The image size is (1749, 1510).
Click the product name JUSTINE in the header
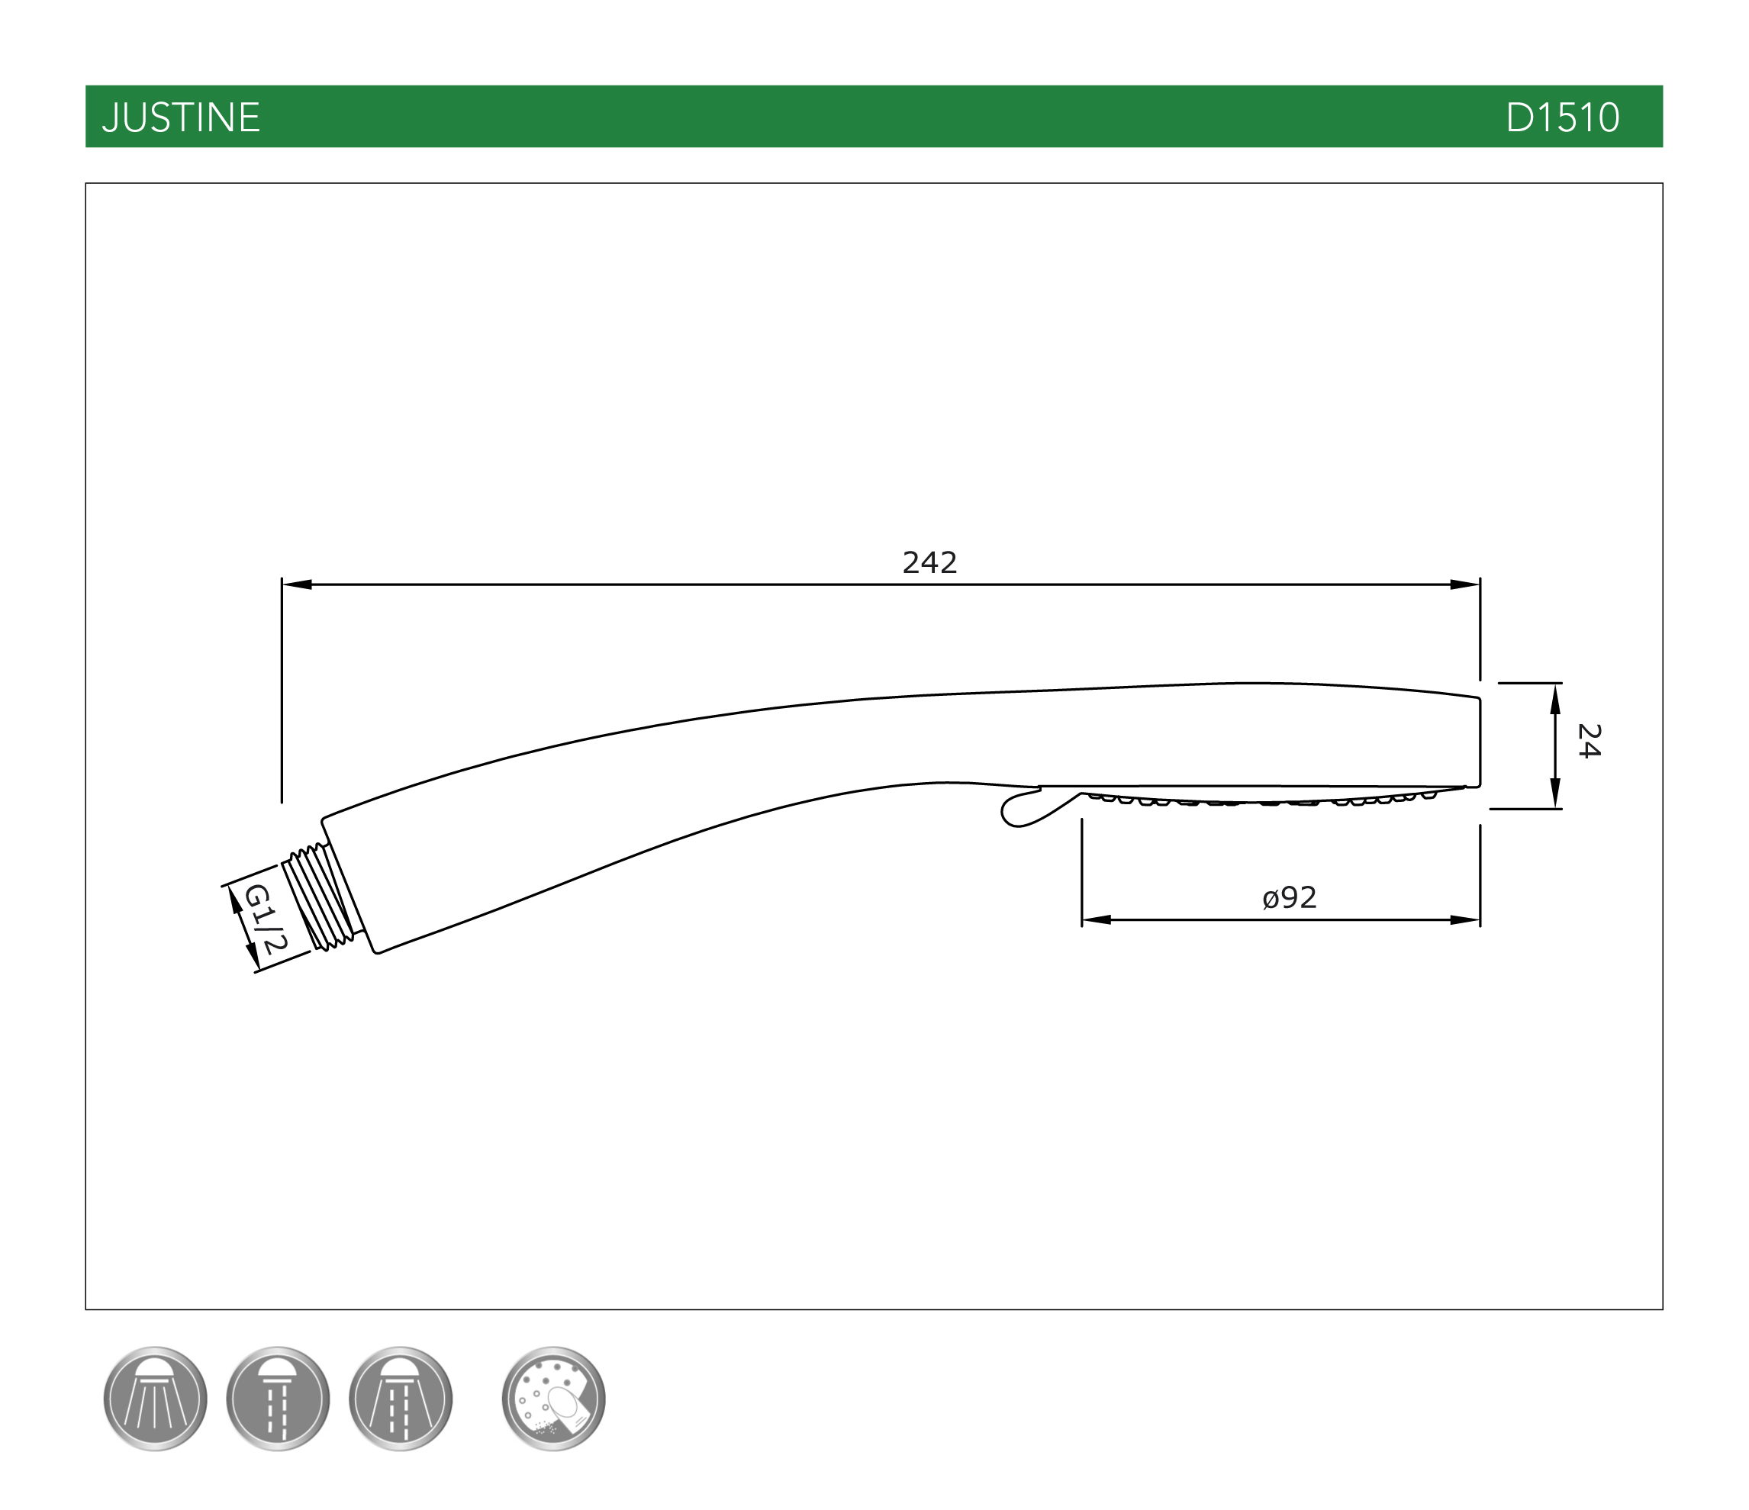181,118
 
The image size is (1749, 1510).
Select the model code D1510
1563,118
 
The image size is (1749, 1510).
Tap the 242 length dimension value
929,563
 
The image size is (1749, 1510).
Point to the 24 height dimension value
1589,741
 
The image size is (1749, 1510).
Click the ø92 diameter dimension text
1290,897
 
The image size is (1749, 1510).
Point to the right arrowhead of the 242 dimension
1464,584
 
